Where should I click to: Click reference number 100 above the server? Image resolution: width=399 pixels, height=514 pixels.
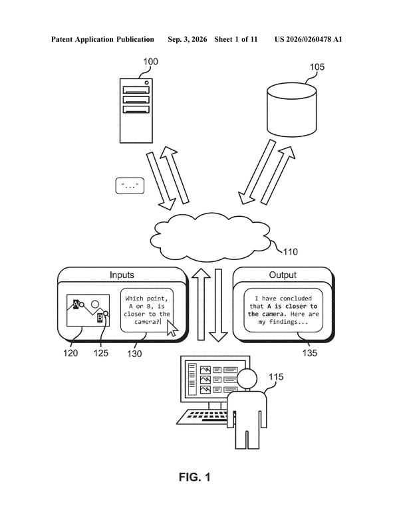[x=150, y=62]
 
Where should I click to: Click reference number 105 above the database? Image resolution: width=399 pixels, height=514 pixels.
[x=317, y=67]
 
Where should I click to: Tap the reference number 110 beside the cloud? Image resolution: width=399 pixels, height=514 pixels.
[x=290, y=252]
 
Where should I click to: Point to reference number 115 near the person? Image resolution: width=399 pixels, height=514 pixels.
[x=276, y=377]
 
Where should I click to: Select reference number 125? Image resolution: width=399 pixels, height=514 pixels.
[x=100, y=353]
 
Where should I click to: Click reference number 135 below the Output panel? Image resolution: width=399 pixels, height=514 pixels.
[x=309, y=353]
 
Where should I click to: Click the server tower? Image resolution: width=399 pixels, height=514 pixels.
[x=136, y=111]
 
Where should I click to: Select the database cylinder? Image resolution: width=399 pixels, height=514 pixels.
[x=291, y=110]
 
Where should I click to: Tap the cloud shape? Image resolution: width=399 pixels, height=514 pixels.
[x=210, y=237]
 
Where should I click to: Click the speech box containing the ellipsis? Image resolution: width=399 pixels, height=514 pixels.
[x=130, y=186]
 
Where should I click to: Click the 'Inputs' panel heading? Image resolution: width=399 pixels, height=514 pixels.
[x=122, y=275]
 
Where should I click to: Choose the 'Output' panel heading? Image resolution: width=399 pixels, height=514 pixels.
[x=283, y=275]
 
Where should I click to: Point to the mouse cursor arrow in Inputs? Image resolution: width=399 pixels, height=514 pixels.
[x=172, y=328]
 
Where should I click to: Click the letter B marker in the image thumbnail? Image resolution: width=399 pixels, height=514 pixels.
[x=100, y=318]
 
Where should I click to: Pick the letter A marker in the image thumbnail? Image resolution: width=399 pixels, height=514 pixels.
[x=76, y=305]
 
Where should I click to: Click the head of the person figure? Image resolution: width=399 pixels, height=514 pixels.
[x=247, y=379]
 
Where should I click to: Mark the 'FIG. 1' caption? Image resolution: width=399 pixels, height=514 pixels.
[x=194, y=477]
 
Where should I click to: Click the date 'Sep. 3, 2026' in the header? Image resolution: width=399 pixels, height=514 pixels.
[x=188, y=39]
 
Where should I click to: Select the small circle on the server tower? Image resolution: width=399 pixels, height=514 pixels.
[x=146, y=83]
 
